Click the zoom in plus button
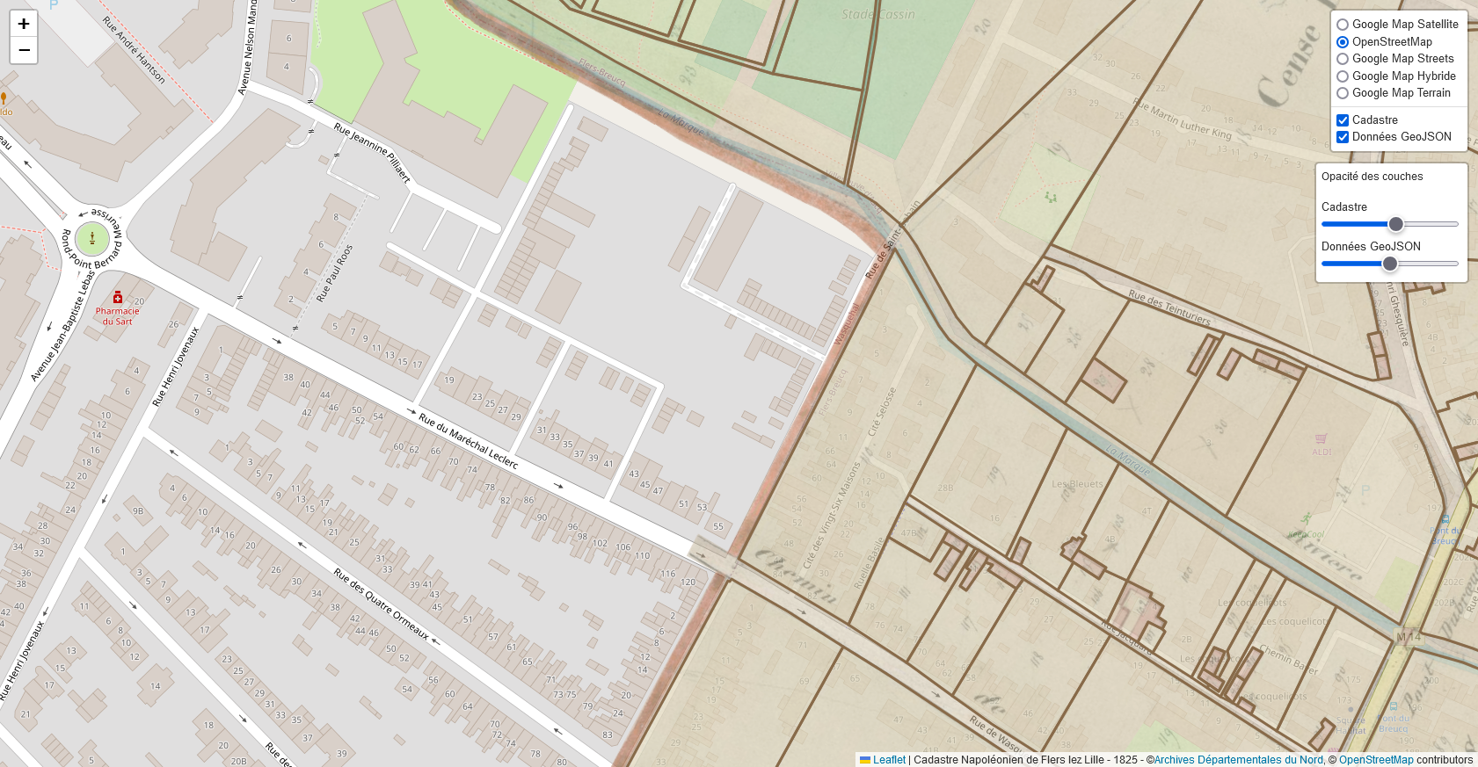pos(24,24)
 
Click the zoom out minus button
pos(24,51)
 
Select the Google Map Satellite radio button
pos(1343,25)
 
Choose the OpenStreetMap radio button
pos(1343,42)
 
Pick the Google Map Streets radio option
pos(1343,59)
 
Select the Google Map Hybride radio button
pos(1343,76)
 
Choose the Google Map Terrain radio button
pos(1343,93)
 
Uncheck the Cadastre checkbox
pos(1343,120)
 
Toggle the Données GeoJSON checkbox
pos(1343,137)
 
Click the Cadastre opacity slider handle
pos(1395,224)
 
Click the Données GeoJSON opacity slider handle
pos(1390,264)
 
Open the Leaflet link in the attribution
pos(888,760)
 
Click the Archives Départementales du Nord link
pos(1238,760)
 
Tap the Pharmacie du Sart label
pos(118,315)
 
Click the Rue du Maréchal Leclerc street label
pos(468,440)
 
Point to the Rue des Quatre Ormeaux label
pos(381,604)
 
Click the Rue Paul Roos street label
pos(334,273)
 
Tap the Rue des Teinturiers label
pos(1169,308)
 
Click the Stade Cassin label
pos(877,14)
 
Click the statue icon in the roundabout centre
pos(92,238)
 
